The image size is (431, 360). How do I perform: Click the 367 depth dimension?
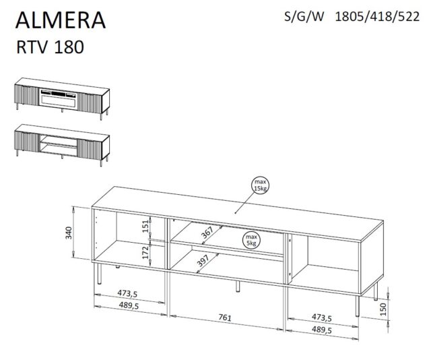206,233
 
